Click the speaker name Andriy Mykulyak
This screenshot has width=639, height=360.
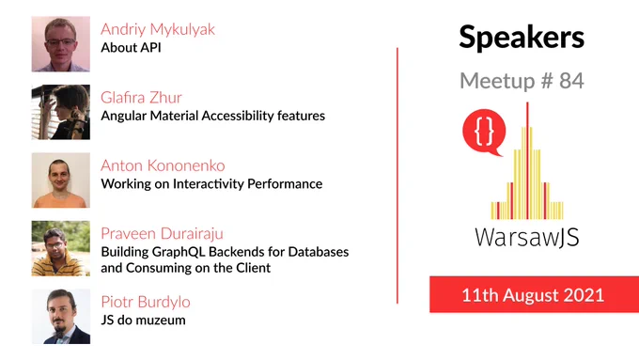click(158, 30)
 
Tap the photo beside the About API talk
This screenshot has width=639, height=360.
click(61, 44)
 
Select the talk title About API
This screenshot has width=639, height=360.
click(131, 48)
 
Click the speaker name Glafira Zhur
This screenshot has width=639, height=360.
click(141, 98)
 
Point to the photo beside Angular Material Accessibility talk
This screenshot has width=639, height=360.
click(61, 112)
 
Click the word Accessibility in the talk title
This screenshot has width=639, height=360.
click(238, 117)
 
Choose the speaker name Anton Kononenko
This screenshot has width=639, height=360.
click(163, 165)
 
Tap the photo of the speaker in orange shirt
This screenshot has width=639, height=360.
click(61, 180)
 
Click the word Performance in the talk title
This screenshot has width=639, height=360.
click(285, 184)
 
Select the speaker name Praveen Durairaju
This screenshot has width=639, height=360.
click(162, 234)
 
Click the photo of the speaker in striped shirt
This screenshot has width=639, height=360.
click(61, 248)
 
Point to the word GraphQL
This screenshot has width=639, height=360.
click(179, 252)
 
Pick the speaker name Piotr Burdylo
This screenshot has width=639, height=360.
click(146, 302)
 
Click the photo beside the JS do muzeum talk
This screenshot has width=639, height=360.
click(61, 317)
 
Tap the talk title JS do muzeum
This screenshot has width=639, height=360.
click(143, 320)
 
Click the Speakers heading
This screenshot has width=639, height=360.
click(522, 38)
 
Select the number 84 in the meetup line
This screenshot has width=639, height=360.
click(571, 81)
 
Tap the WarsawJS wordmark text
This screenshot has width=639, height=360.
click(526, 237)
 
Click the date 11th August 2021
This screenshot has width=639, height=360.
click(533, 295)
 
